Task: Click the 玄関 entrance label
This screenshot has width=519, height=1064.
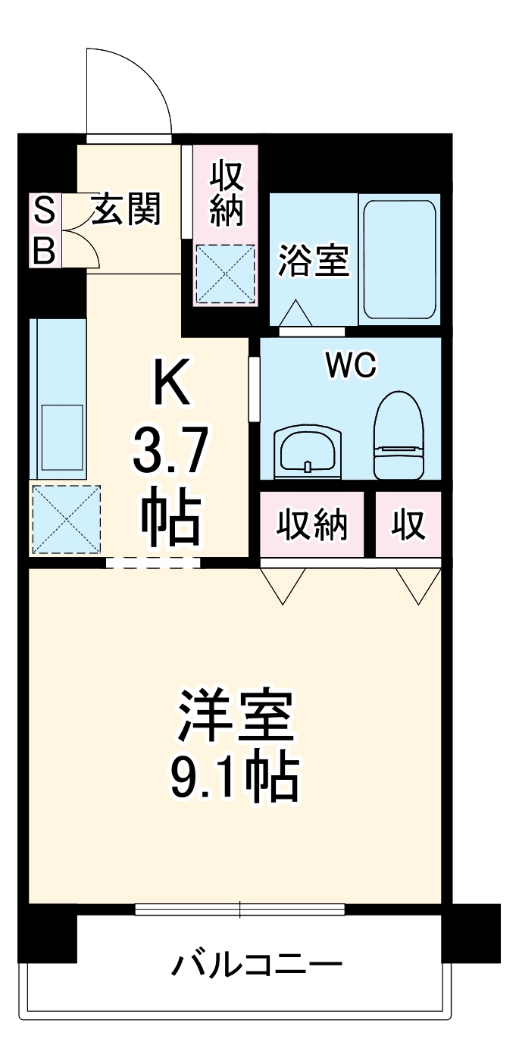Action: [127, 209]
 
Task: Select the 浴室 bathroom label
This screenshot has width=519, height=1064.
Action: [313, 261]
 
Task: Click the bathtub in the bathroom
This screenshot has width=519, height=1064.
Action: [399, 258]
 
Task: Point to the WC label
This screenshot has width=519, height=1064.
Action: [351, 367]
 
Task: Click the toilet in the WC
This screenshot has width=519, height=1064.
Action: [399, 436]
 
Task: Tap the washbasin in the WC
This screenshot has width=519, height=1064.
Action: [308, 452]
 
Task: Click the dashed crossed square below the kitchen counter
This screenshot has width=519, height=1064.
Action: [66, 519]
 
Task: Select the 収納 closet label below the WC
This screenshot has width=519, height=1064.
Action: [311, 524]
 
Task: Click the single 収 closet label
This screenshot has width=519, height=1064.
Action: [408, 524]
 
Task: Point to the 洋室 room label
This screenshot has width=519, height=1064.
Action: [235, 715]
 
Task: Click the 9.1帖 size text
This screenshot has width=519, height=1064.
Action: [235, 778]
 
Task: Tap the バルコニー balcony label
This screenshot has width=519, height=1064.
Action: [257, 964]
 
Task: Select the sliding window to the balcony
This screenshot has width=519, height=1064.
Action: [239, 909]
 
